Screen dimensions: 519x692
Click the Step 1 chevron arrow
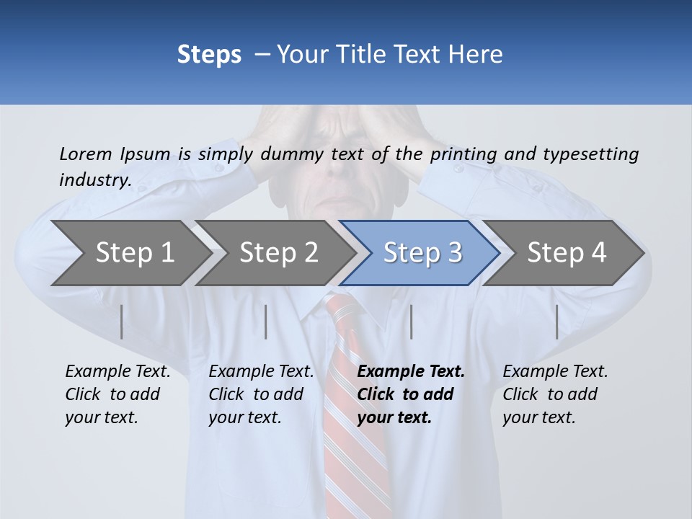click(x=130, y=252)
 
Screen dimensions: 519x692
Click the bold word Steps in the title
click(x=209, y=55)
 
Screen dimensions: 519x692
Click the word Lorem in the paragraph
click(x=86, y=154)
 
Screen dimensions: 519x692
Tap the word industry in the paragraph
click(x=94, y=179)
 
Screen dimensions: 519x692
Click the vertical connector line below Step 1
click(x=122, y=321)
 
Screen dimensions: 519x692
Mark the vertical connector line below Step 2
click(x=266, y=321)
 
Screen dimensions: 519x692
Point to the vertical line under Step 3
click(x=411, y=321)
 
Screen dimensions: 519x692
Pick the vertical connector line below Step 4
click(x=556, y=321)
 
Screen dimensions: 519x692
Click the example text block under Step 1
click(x=117, y=394)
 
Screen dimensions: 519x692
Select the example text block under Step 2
click(x=261, y=394)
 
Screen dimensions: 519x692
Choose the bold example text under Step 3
click(x=411, y=394)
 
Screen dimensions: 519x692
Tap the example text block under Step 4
click(x=555, y=394)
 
